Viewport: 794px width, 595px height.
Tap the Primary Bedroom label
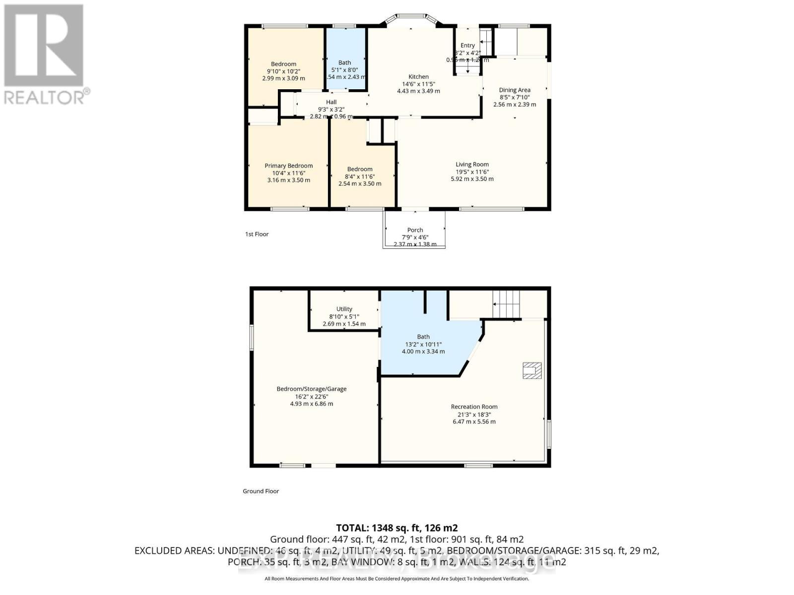pyautogui.click(x=288, y=166)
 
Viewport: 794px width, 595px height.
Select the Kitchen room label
pyautogui.click(x=418, y=76)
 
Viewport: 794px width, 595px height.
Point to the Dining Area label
pyautogui.click(x=515, y=90)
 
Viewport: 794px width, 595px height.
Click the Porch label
pyautogui.click(x=415, y=230)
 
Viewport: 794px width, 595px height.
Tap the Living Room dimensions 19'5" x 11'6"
pyautogui.click(x=472, y=172)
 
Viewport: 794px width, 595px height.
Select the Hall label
pyautogui.click(x=331, y=102)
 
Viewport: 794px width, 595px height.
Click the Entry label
pyautogui.click(x=467, y=45)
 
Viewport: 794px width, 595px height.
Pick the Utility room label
pyautogui.click(x=344, y=309)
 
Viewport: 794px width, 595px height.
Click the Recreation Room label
pyautogui.click(x=474, y=407)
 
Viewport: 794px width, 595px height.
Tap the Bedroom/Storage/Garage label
pyautogui.click(x=312, y=389)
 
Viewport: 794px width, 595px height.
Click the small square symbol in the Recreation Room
pyautogui.click(x=531, y=370)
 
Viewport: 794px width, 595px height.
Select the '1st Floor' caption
pyautogui.click(x=257, y=234)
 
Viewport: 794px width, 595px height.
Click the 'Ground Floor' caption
pyautogui.click(x=261, y=491)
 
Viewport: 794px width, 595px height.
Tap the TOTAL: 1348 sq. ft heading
pyautogui.click(x=397, y=528)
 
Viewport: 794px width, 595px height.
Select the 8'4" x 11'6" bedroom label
pyautogui.click(x=360, y=169)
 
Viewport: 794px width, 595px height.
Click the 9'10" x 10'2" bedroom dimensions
pyautogui.click(x=283, y=71)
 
